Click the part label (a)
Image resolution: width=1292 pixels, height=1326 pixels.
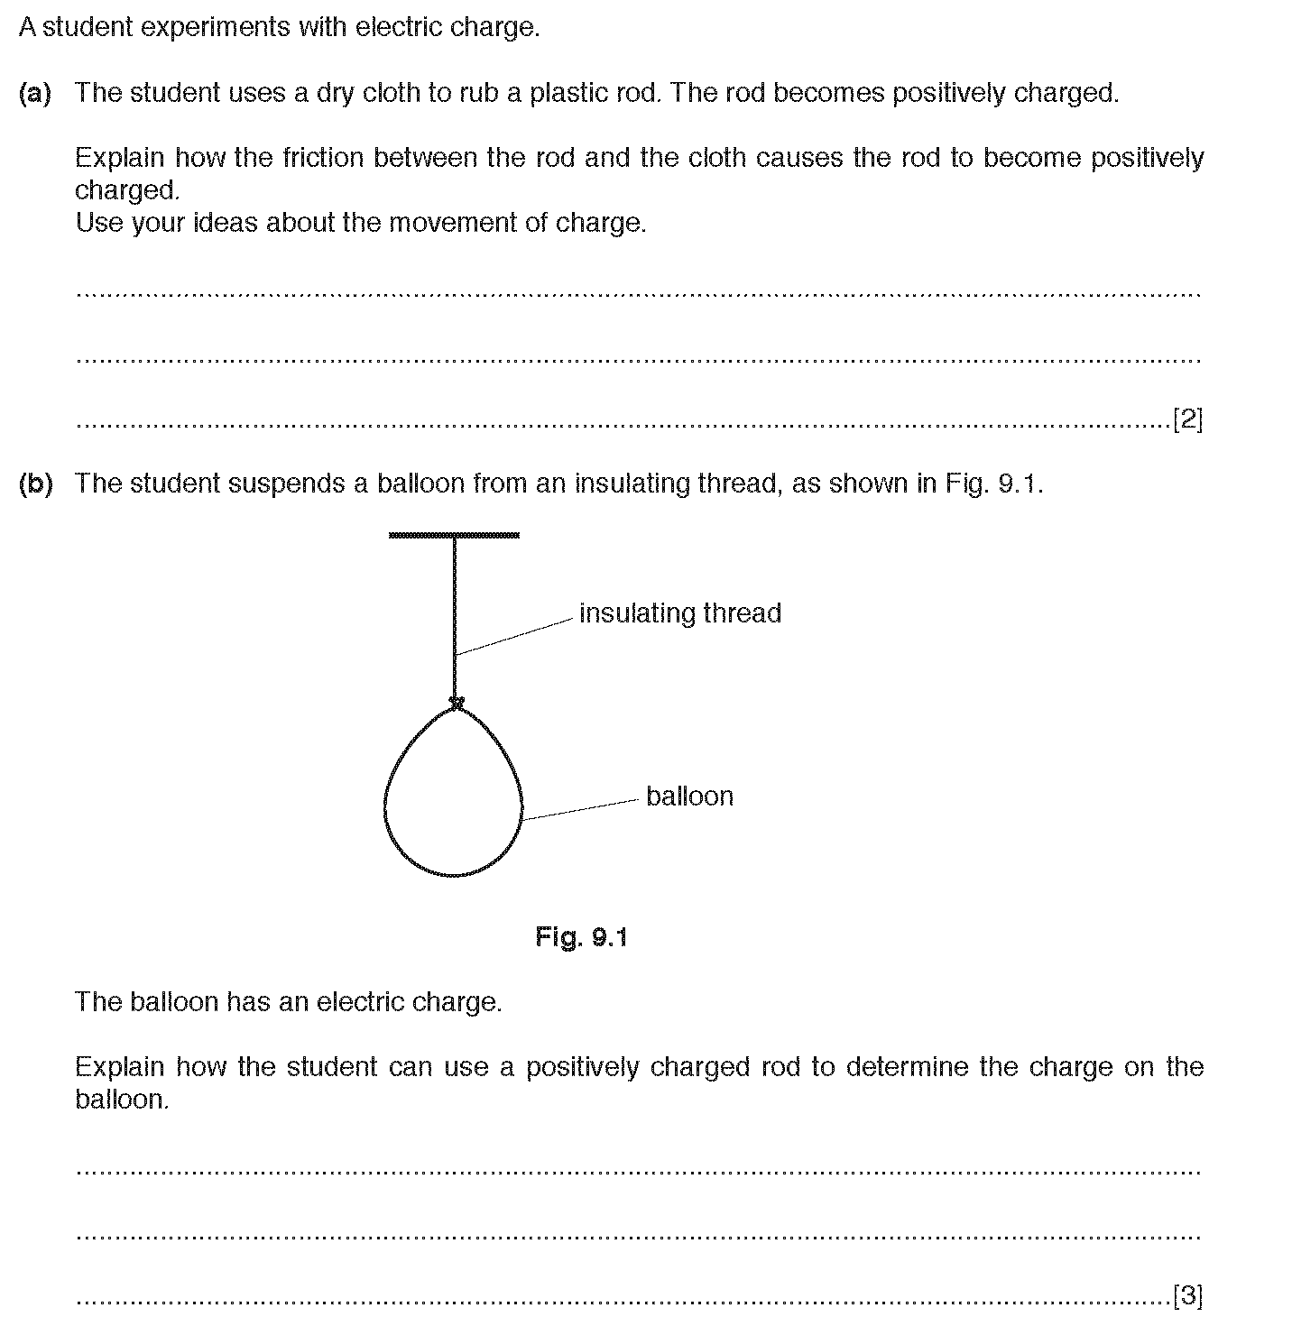click(x=35, y=93)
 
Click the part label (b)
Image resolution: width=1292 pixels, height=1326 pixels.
click(x=35, y=483)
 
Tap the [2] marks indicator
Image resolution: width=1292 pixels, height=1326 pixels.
click(x=1187, y=419)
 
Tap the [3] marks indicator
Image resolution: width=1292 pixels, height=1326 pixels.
click(x=1187, y=1296)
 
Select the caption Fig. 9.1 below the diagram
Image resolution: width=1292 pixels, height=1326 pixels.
click(x=581, y=937)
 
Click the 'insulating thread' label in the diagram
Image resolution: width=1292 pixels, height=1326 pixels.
click(x=679, y=613)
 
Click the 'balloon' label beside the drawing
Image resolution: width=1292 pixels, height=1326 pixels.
click(x=689, y=797)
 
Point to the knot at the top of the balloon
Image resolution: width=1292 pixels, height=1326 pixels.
click(x=457, y=702)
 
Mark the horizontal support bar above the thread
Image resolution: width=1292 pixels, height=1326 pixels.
click(x=454, y=536)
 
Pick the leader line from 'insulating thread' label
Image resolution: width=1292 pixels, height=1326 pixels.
click(x=514, y=636)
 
